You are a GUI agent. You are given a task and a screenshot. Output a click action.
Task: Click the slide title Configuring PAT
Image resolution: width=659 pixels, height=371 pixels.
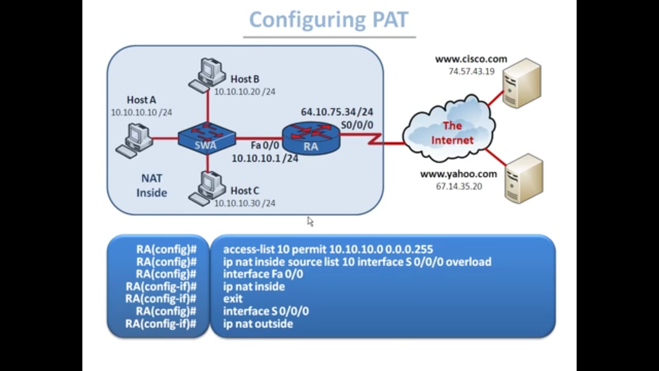pyautogui.click(x=329, y=20)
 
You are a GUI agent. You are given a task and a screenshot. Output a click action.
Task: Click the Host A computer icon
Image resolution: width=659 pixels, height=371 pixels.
pyautogui.click(x=134, y=141)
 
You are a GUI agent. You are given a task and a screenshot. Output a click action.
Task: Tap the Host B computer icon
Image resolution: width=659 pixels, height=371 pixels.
pyautogui.click(x=207, y=75)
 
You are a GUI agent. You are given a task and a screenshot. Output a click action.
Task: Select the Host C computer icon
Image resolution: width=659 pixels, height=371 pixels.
pyautogui.click(x=207, y=189)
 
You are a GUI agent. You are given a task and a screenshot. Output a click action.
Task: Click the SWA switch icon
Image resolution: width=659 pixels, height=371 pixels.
pyautogui.click(x=207, y=139)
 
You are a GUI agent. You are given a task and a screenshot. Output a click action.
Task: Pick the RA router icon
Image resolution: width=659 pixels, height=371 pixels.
pyautogui.click(x=311, y=138)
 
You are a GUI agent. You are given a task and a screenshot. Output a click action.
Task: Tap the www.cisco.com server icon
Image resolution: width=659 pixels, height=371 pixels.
pyautogui.click(x=522, y=83)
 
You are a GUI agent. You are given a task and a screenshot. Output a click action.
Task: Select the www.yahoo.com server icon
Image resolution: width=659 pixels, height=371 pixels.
pyautogui.click(x=524, y=179)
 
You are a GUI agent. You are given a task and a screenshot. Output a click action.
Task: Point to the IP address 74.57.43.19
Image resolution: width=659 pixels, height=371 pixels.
pyautogui.click(x=471, y=72)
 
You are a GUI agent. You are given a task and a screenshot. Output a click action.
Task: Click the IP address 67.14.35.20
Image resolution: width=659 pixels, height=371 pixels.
pyautogui.click(x=459, y=187)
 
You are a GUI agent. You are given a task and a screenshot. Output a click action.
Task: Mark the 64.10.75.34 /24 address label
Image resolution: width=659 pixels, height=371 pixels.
pyautogui.click(x=337, y=112)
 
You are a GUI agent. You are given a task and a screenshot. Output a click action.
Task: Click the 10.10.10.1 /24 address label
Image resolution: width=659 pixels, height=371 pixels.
pyautogui.click(x=265, y=158)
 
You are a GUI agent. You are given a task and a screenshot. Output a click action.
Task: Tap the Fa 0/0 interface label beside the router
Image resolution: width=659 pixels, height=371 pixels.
pyautogui.click(x=265, y=145)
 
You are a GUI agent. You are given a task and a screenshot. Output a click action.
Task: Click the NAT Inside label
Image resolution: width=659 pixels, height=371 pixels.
pyautogui.click(x=152, y=185)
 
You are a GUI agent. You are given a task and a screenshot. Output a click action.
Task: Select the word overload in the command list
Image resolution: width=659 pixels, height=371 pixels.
pyautogui.click(x=469, y=262)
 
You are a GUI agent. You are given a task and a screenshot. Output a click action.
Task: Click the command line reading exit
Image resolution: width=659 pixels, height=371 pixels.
pyautogui.click(x=233, y=299)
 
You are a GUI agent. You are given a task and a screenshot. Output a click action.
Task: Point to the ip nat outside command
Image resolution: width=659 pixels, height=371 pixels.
pyautogui.click(x=258, y=324)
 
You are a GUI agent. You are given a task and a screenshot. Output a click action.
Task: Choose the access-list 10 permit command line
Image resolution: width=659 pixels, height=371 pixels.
pyautogui.click(x=328, y=249)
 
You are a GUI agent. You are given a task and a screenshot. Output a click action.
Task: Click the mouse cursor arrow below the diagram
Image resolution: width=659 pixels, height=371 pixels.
pyautogui.click(x=310, y=222)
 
